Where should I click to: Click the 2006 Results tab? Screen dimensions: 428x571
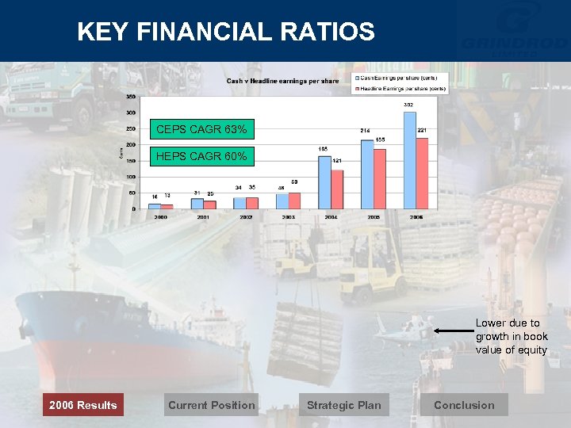[x=82, y=405]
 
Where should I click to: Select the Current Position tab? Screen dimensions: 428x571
[x=211, y=405]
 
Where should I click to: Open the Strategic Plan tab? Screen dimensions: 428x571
[x=343, y=405]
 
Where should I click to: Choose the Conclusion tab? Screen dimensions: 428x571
[x=464, y=405]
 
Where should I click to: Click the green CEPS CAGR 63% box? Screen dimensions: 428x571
[x=201, y=129]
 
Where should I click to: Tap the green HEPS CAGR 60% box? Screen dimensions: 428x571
[x=201, y=157]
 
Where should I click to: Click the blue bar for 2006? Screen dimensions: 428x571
[x=409, y=160]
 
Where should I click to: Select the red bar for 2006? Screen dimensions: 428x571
[x=422, y=174]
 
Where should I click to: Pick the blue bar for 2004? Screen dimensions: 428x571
[x=324, y=182]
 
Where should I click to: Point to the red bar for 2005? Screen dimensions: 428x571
[x=380, y=179]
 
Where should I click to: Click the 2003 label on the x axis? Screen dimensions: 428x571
[x=289, y=216]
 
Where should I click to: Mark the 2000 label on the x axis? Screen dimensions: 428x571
[x=160, y=216]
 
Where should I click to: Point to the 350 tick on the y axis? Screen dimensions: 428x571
[x=129, y=97]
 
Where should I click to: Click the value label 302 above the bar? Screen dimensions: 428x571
[x=408, y=105]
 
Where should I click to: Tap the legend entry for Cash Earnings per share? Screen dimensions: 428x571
[x=401, y=78]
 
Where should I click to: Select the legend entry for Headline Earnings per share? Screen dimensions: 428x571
[x=401, y=88]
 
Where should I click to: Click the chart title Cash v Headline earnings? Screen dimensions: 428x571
[x=282, y=81]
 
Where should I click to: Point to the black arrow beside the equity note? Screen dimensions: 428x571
[x=452, y=330]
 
